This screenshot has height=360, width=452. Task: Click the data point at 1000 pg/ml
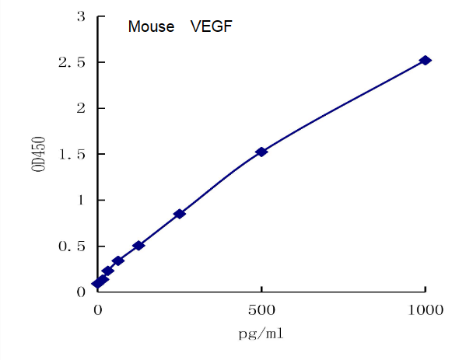[x=425, y=60]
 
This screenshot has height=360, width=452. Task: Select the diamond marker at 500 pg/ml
[x=261, y=152]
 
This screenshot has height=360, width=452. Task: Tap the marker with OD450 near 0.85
[x=179, y=213]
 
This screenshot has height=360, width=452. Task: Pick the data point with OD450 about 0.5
[x=138, y=246]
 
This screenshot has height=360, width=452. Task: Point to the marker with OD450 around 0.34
[x=117, y=260]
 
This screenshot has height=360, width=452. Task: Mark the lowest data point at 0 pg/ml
[x=97, y=284]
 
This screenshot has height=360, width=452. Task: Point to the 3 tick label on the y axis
[x=81, y=16]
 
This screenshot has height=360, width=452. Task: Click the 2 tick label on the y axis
[x=81, y=108]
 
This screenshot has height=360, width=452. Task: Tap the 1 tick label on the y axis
[x=81, y=200]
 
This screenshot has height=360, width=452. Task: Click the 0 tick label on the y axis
[x=81, y=292]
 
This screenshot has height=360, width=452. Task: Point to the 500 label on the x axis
[x=261, y=309]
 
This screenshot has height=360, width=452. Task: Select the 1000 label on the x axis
[x=425, y=309]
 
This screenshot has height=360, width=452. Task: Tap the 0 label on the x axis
[x=98, y=309]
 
